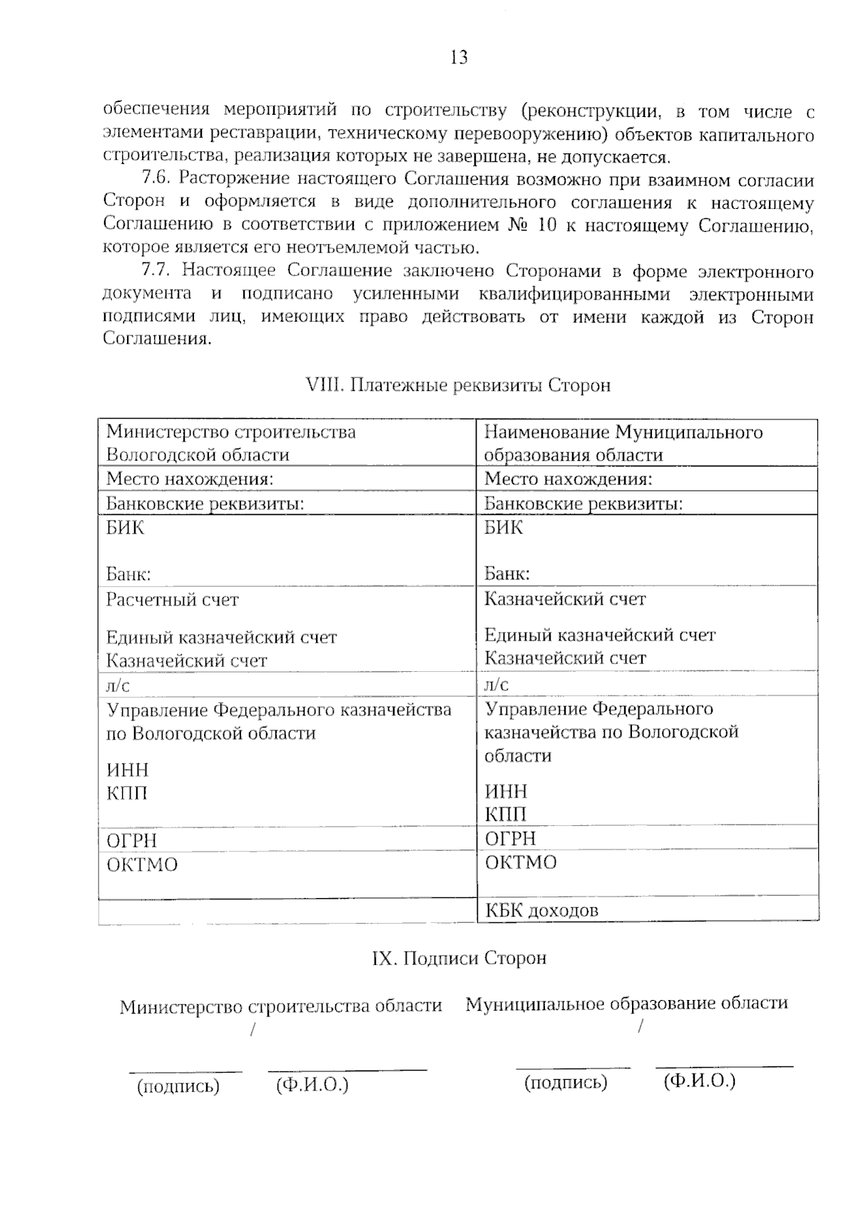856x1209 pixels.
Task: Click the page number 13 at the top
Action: pos(459,58)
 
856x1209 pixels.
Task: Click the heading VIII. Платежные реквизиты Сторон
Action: pos(458,385)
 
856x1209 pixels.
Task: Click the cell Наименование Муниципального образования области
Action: pos(623,443)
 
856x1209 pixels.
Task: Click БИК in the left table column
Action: pos(126,528)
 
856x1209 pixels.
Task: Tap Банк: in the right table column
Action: pos(506,573)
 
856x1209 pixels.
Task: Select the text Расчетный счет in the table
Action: pos(172,600)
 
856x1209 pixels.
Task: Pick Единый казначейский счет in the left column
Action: pos(221,637)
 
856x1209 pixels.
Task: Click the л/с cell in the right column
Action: pos(496,685)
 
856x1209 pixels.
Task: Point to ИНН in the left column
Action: pos(128,770)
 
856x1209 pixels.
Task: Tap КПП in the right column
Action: pos(506,815)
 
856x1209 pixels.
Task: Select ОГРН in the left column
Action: pos(131,841)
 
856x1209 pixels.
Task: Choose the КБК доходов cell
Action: pos(541,911)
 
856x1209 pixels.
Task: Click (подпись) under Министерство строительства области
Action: pos(178,1086)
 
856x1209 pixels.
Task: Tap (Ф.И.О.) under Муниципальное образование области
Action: pos(699,1081)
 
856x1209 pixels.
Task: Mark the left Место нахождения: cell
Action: pos(190,479)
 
